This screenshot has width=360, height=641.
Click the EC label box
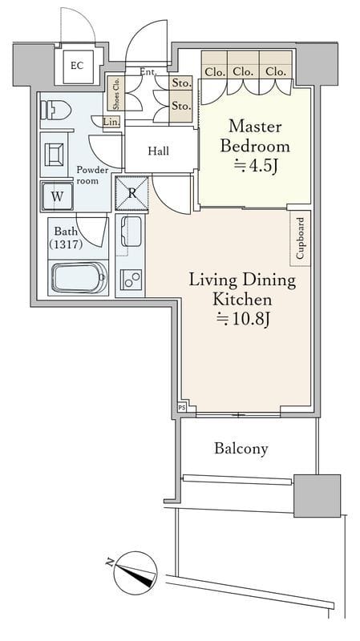coord(78,67)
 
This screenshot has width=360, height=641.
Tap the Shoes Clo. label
coord(116,93)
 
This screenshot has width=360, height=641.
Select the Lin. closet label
coord(110,122)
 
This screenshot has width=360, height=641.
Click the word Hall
coord(158,151)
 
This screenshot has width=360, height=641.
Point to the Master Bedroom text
coord(255,136)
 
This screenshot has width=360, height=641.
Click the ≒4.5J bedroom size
coord(255,167)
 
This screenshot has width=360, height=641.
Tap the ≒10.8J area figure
coord(242,319)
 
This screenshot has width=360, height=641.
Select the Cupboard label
coord(301,238)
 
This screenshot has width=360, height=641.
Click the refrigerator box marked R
coord(131,193)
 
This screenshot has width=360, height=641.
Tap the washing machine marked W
coord(57,196)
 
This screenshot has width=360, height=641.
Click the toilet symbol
coord(55,111)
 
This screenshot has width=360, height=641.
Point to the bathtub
coord(79,278)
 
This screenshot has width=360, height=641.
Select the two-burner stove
coord(131,280)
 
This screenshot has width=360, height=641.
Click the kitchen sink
coord(131,232)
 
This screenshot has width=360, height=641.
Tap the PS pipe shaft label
coord(182,408)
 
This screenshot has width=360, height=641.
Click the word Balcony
coord(241,449)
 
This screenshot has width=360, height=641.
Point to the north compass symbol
coord(135,573)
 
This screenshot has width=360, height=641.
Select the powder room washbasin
coord(55,154)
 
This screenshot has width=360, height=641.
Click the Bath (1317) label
coord(66,238)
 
